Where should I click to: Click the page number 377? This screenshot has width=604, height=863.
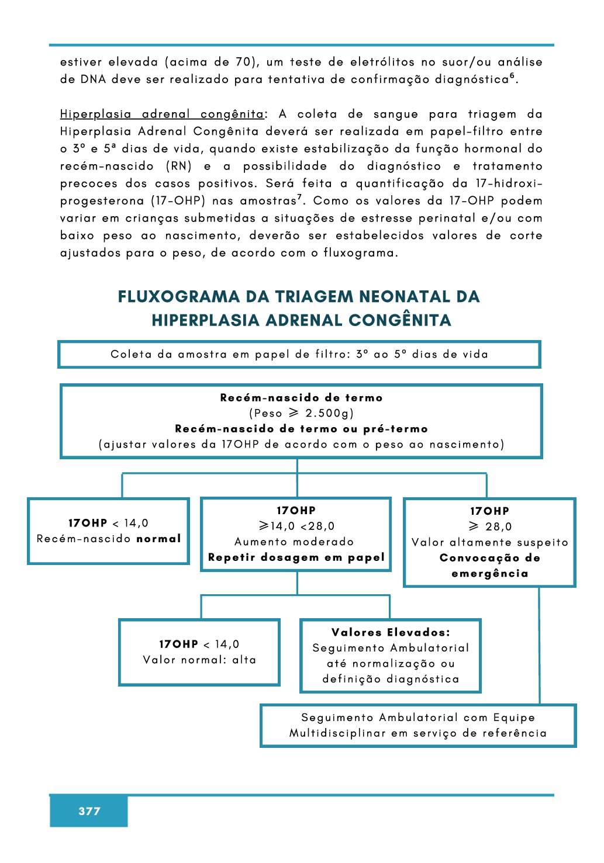coord(89,811)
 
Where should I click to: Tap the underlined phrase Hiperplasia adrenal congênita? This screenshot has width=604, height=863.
coord(162,115)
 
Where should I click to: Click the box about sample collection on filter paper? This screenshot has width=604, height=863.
coord(299,355)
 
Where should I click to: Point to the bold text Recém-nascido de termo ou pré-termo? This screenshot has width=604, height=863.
coord(301,429)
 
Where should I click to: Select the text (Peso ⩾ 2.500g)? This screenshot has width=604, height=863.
coord(301,413)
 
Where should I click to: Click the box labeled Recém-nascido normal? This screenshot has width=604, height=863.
coord(109,531)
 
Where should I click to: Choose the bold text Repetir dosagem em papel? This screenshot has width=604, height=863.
coord(296,557)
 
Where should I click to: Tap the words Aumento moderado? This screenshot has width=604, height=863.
coord(294,542)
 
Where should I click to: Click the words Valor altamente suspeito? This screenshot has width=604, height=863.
coord(489,542)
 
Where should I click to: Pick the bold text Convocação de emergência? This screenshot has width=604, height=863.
coord(489,566)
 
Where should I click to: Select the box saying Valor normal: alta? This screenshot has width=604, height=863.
coord(199,652)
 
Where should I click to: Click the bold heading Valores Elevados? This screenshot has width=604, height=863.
coord(391,632)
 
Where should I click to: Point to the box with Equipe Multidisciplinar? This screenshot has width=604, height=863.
coord(418,726)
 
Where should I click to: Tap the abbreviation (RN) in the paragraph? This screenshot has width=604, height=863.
coord(179,166)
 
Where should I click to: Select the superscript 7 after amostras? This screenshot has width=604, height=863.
coord(299,197)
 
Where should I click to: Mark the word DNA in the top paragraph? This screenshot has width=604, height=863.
coord(93,79)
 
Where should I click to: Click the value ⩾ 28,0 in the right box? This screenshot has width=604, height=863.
coord(490,526)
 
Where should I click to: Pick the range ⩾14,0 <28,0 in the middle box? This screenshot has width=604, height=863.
coord(296,526)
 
